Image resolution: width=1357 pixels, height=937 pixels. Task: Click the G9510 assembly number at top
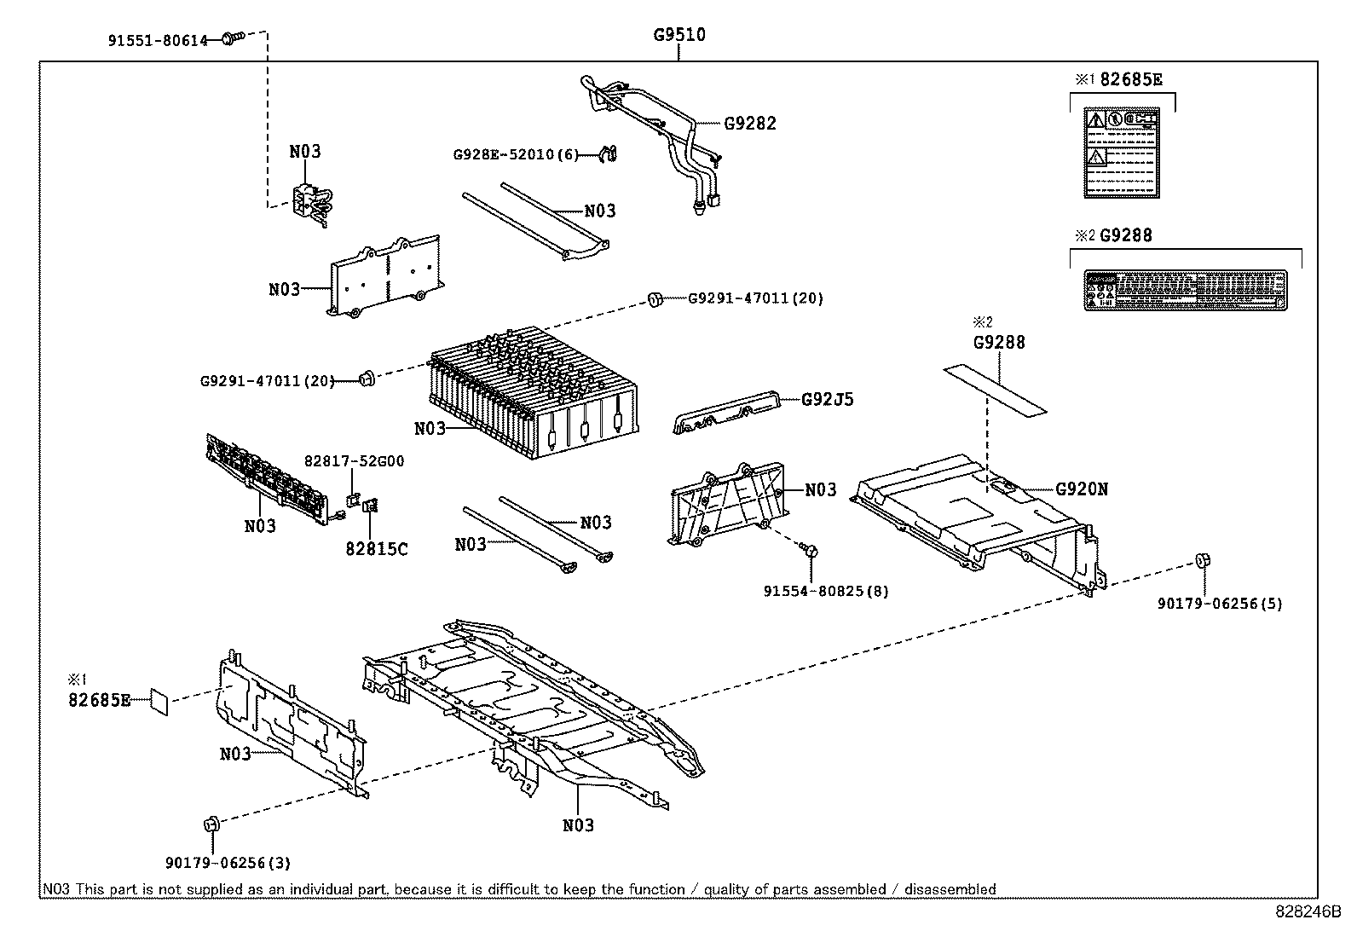[x=679, y=35]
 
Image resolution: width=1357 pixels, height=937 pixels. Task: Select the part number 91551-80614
[x=159, y=40]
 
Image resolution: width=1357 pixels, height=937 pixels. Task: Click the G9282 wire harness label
[x=750, y=123]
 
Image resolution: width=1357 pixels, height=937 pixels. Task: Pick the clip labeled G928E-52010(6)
[x=609, y=153]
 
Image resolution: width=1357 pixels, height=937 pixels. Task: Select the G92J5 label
[x=827, y=399]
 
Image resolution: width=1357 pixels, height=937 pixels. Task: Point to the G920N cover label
[x=1082, y=489]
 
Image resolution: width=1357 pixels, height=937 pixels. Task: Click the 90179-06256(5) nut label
[x=1220, y=604]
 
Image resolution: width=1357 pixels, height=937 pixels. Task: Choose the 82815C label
[x=376, y=549]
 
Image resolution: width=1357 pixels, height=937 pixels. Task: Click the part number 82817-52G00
[x=354, y=461]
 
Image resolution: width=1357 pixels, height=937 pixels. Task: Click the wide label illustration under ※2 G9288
[x=1184, y=290]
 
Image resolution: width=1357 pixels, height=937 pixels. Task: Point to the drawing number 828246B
[x=1308, y=911]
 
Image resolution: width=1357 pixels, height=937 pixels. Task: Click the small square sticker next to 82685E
[x=159, y=701]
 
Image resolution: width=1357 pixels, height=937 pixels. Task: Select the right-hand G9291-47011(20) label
[x=755, y=298]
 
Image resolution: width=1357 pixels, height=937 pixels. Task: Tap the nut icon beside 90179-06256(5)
[x=1204, y=561]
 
